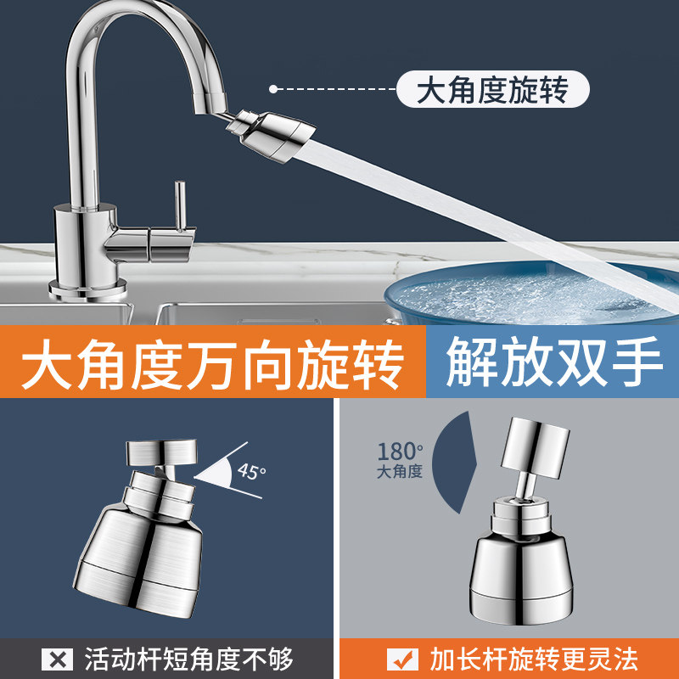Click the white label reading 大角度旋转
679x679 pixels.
coord(491,89)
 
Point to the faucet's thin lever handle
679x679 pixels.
coord(180,204)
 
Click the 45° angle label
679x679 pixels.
coord(251,471)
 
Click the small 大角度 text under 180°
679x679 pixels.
coord(400,471)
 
